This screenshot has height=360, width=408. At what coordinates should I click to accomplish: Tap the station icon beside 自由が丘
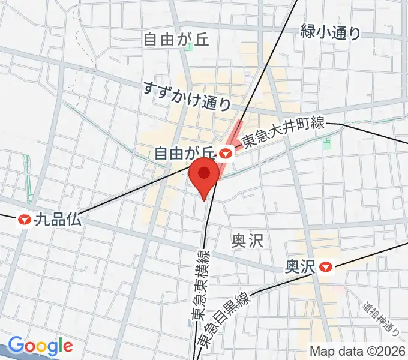point(226,154)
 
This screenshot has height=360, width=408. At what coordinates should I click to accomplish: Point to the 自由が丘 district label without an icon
point(176,40)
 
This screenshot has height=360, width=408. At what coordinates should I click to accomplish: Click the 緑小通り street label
point(331,32)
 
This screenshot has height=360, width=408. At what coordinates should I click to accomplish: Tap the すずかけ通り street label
point(187,95)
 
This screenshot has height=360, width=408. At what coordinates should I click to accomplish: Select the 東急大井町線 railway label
point(283,133)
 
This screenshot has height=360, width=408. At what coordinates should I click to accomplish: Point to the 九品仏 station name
point(58,220)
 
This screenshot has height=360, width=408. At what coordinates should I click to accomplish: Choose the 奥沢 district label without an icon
point(247,241)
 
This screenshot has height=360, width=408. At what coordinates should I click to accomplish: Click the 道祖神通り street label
point(382,319)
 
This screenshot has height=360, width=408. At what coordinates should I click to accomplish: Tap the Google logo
point(40,346)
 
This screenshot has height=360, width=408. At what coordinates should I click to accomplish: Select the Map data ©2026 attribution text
point(358,351)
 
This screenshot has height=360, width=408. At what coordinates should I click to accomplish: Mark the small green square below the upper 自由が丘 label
point(189,47)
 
